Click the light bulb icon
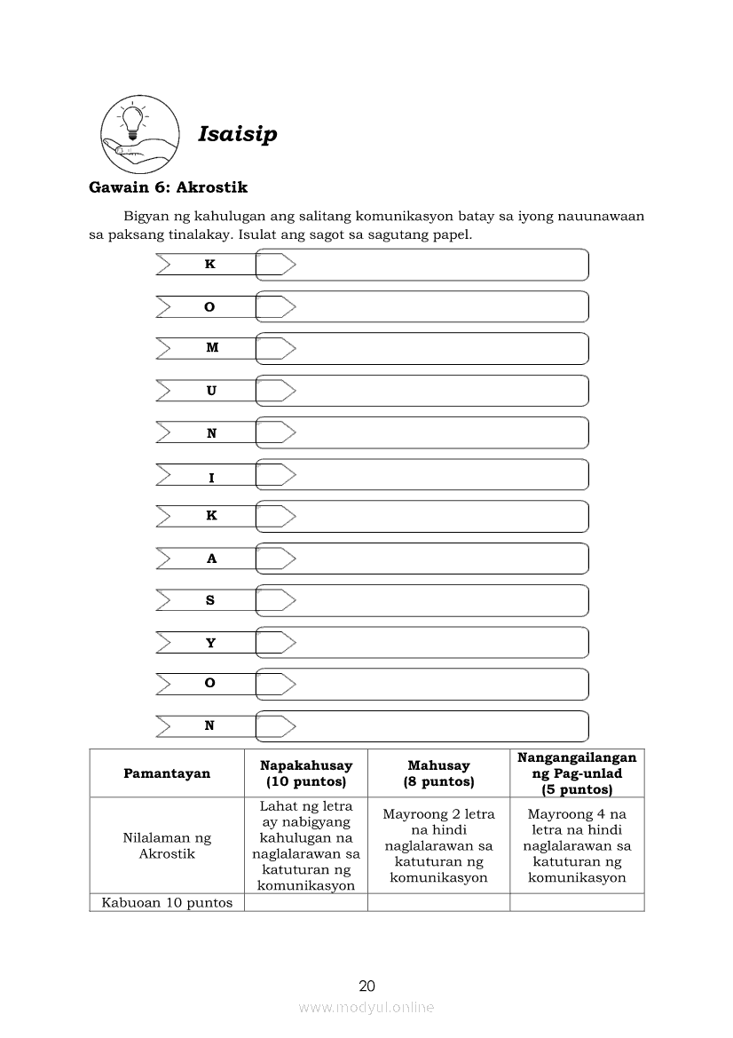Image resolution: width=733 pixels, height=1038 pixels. point(133,121)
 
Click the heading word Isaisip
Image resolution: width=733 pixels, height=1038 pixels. point(237,134)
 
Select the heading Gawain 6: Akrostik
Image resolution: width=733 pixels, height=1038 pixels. point(168,187)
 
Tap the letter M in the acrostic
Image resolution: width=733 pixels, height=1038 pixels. point(211,348)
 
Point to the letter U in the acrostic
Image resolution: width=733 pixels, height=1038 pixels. point(211,391)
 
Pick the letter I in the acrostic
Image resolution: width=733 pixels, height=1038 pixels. point(211,478)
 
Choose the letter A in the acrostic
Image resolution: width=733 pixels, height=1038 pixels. point(211,559)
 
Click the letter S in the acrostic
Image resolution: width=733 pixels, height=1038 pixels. point(210,600)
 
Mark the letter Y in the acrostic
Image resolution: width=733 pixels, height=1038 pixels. point(210,643)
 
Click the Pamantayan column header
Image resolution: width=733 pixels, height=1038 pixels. point(167,773)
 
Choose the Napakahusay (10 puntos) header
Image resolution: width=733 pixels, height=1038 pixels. point(306,773)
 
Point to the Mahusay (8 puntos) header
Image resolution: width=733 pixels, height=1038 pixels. point(438,773)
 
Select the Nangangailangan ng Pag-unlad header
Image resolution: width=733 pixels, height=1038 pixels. point(577,773)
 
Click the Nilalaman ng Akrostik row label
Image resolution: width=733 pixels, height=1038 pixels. point(167,845)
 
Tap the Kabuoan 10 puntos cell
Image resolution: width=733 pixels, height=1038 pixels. point(167,903)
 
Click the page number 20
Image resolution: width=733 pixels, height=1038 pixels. point(367,986)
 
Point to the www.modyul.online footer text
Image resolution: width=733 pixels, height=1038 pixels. point(366,1008)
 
